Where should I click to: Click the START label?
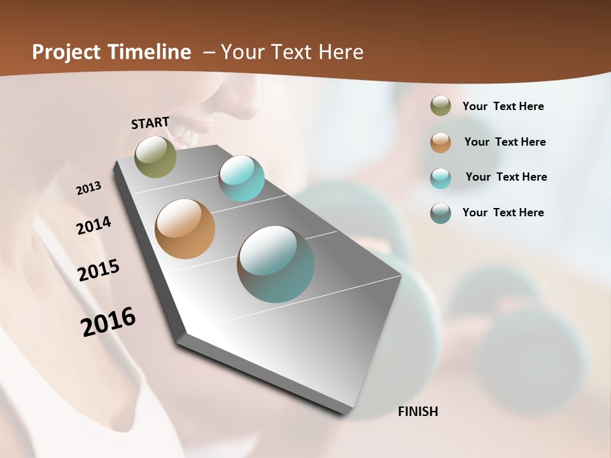click(150, 123)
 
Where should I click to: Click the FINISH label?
click(418, 412)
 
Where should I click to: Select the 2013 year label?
click(88, 188)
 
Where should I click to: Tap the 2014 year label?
click(94, 226)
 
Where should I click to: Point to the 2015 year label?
click(99, 270)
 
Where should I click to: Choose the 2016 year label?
click(108, 322)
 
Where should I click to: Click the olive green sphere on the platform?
click(155, 156)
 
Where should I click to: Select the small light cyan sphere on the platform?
click(241, 178)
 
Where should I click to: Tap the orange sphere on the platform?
click(185, 229)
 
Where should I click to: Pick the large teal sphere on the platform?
click(276, 264)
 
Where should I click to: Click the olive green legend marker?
click(440, 106)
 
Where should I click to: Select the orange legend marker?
click(440, 142)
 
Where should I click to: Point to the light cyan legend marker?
click(440, 178)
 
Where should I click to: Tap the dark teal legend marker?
click(440, 213)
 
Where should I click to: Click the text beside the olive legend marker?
click(503, 106)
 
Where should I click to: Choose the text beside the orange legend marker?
click(505, 142)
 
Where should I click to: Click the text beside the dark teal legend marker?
click(503, 212)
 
